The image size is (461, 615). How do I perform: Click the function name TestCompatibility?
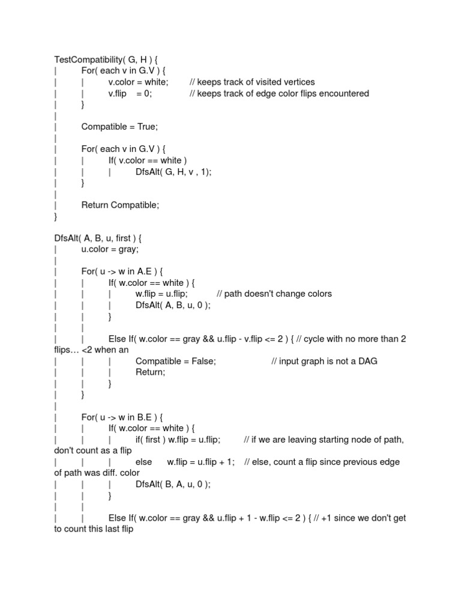tap(90, 59)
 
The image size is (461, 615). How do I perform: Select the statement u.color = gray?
tap(110, 249)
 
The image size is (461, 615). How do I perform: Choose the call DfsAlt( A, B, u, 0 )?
tap(173, 305)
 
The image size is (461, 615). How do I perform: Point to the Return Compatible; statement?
tap(120, 205)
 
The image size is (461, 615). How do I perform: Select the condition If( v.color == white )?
tap(148, 160)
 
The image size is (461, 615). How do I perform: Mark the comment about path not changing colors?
tap(274, 294)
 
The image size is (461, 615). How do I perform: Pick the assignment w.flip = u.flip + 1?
tap(200, 462)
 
